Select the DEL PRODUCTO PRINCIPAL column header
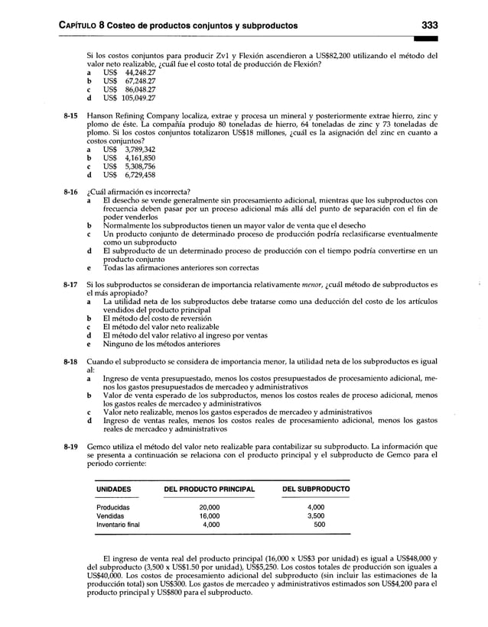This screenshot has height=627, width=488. coord(208,488)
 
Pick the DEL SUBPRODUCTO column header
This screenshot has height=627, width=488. coord(316,488)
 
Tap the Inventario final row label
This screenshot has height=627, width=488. coord(118,525)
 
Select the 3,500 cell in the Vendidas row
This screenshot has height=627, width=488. coord(315,515)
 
